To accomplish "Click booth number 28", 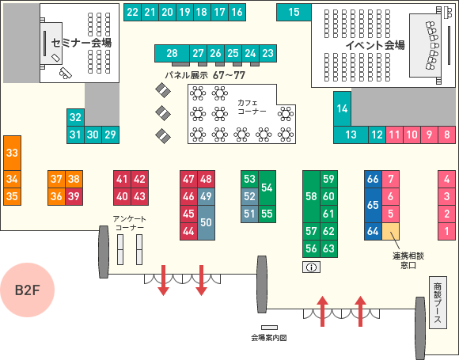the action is click(x=172, y=53).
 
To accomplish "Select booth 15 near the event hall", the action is click(x=294, y=12).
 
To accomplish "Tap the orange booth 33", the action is click(x=13, y=153).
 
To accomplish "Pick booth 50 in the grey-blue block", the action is click(x=206, y=222).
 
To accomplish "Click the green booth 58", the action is click(x=312, y=196).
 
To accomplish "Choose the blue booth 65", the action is click(x=373, y=205).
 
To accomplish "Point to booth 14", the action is click(x=342, y=109).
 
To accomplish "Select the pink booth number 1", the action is click(x=446, y=231).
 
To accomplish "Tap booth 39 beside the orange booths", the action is click(x=74, y=196).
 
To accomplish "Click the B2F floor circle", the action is click(x=27, y=290).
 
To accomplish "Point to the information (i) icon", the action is click(x=312, y=267).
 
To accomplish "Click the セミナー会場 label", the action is click(x=82, y=43).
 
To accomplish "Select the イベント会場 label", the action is click(x=375, y=45).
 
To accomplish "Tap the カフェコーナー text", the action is click(x=252, y=107).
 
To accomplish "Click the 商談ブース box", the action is click(x=438, y=302).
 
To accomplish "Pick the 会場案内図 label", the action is click(x=269, y=338).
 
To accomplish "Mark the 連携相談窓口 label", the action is click(x=408, y=260).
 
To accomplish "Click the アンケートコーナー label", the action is click(x=129, y=223).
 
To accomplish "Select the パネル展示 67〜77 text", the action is click(x=205, y=75).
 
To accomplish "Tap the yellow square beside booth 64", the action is click(x=390, y=231).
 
